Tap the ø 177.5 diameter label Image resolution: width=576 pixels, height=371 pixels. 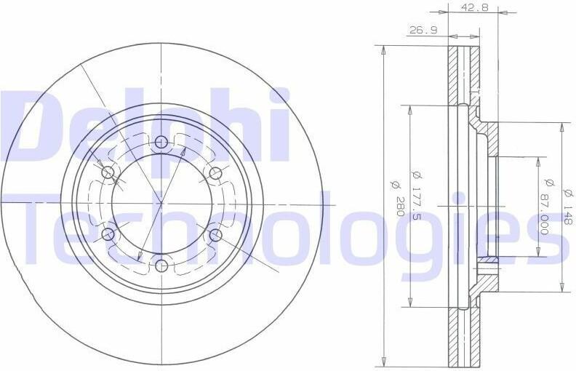point(417,196)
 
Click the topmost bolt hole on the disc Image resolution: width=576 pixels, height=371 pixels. point(161,142)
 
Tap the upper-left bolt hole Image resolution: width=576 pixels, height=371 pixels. point(108,172)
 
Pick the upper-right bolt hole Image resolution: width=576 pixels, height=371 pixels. point(215,172)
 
